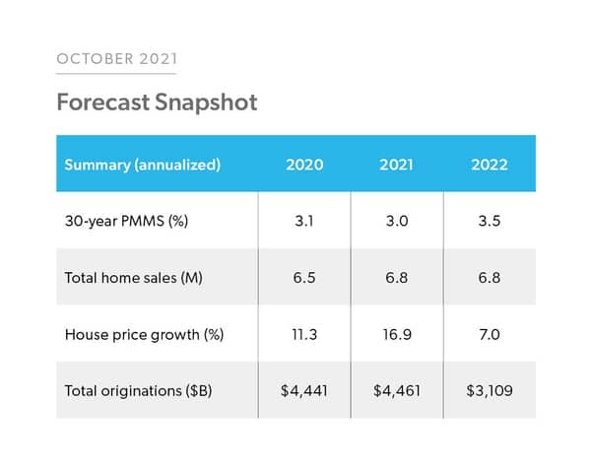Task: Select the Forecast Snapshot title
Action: coord(157,102)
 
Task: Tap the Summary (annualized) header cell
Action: coord(142,165)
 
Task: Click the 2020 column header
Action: coord(304,165)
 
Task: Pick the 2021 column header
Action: coord(396,165)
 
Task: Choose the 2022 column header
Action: coord(489,165)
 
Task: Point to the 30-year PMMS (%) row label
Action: coord(126,221)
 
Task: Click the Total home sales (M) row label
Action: coord(131,278)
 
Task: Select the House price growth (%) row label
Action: coord(144,334)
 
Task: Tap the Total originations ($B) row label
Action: coord(136,391)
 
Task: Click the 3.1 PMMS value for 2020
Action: coord(304,221)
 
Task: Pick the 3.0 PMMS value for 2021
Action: coord(396,221)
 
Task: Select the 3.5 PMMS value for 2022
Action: coord(489,221)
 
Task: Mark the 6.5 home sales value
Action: coord(304,278)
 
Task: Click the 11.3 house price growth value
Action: coord(304,334)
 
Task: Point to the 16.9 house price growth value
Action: coord(396,334)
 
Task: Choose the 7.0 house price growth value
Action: coord(489,334)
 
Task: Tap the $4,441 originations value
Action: coord(304,391)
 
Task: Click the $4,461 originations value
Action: coord(396,391)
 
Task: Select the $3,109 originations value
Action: coord(489,391)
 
